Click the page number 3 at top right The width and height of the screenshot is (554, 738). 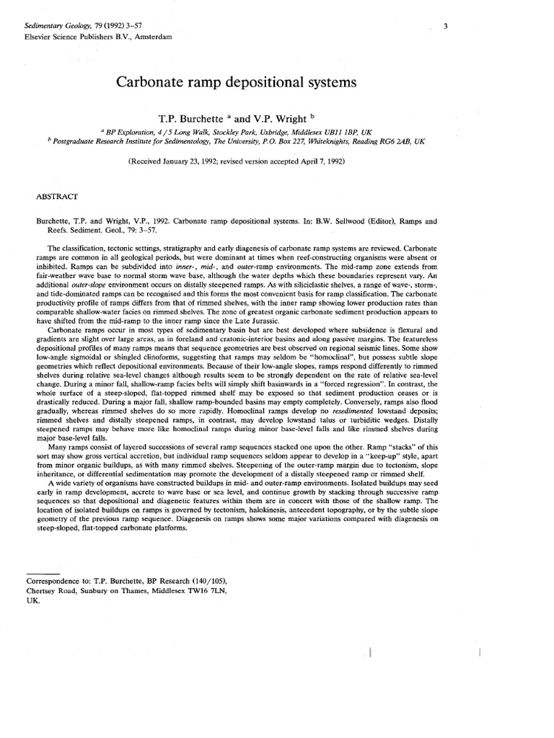(x=447, y=27)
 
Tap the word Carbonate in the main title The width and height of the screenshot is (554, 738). (x=149, y=83)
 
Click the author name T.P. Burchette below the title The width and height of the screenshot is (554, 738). (x=190, y=116)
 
